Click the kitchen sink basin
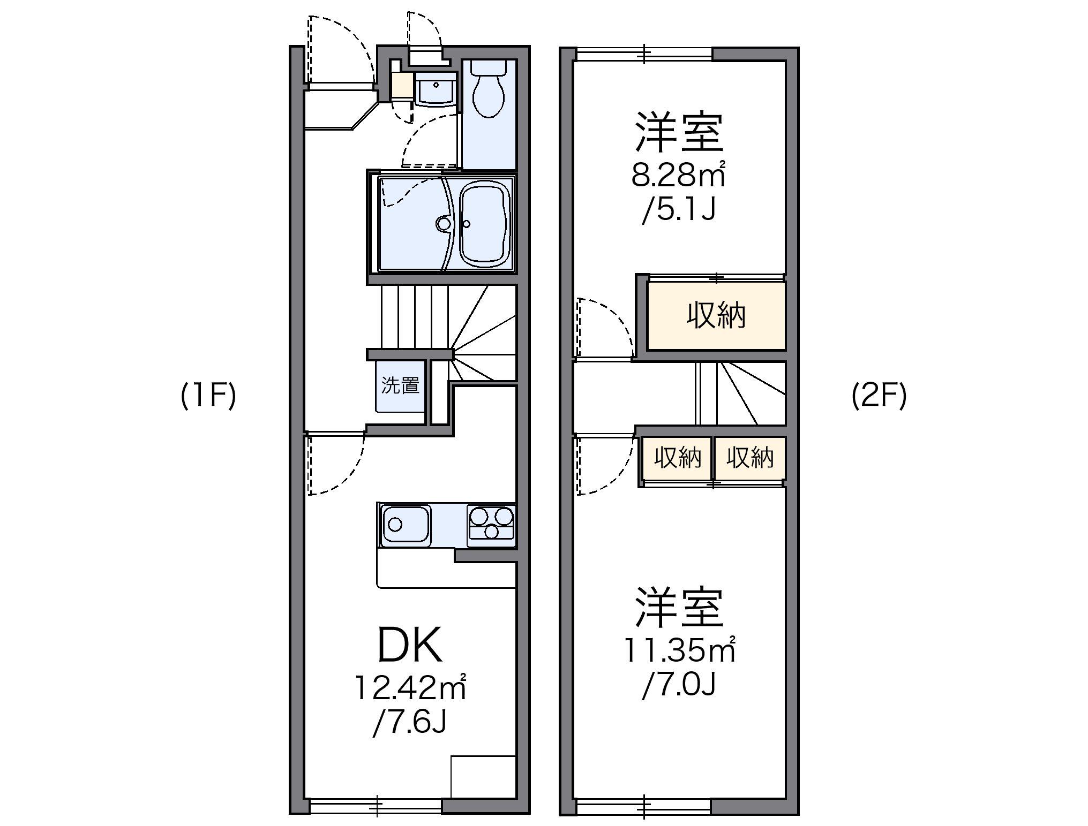pos(406,525)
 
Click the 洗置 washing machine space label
pos(400,385)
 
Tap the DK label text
pos(410,645)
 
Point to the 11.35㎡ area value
pos(678,650)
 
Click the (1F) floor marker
pos(208,397)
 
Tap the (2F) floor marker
pos(879,397)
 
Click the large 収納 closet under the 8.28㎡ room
pos(716,316)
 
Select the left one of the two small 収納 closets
pos(678,458)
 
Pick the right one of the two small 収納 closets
pos(750,458)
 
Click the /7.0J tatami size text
pos(679,685)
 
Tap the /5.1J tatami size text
pos(679,210)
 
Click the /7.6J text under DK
pos(410,723)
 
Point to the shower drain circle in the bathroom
pos(443,223)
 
